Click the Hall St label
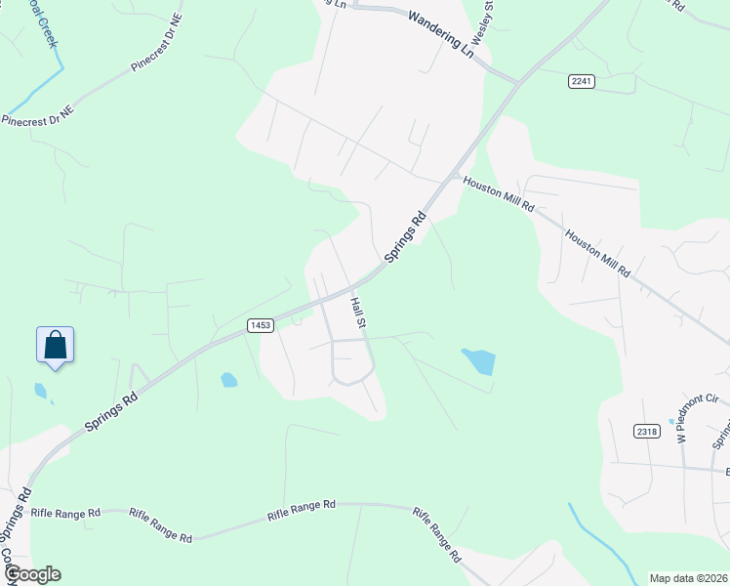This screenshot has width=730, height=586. pos(358,312)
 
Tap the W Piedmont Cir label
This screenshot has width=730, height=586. pos(685,419)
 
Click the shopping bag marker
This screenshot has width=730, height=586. pos(56,346)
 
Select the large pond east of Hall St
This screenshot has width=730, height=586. pos(479,361)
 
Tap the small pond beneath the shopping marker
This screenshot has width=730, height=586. pos(40,391)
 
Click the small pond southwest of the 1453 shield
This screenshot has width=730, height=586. pos(228,380)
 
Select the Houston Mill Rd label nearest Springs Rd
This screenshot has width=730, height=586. pos(499,194)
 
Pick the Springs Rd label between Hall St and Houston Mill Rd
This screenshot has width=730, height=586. pos(405,236)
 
